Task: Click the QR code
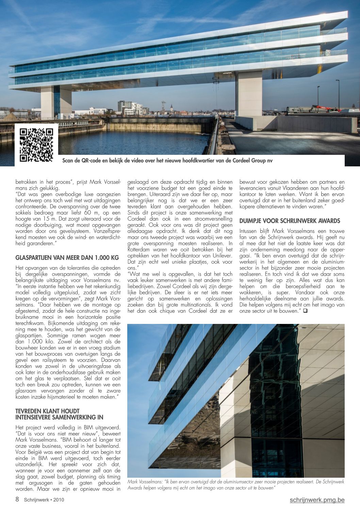click(x=36, y=144)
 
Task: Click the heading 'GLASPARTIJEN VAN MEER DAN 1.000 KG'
click(x=67, y=258)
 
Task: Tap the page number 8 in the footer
click(x=17, y=499)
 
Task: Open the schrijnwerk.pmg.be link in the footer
click(x=317, y=500)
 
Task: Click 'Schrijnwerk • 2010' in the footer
click(x=44, y=500)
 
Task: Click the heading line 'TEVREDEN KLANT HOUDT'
click(x=47, y=411)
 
